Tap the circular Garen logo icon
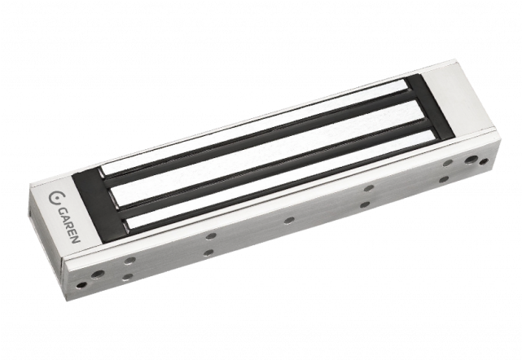tap(55, 197)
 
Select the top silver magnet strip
tap(256, 126)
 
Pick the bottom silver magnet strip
tap(280, 180)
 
